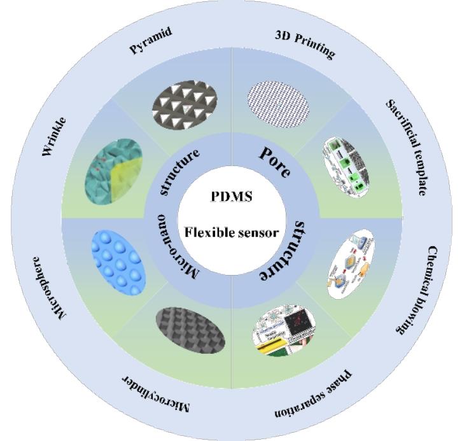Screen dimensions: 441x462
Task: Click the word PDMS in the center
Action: pyautogui.click(x=232, y=196)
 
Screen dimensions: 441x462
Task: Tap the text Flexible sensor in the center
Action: pyautogui.click(x=231, y=232)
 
